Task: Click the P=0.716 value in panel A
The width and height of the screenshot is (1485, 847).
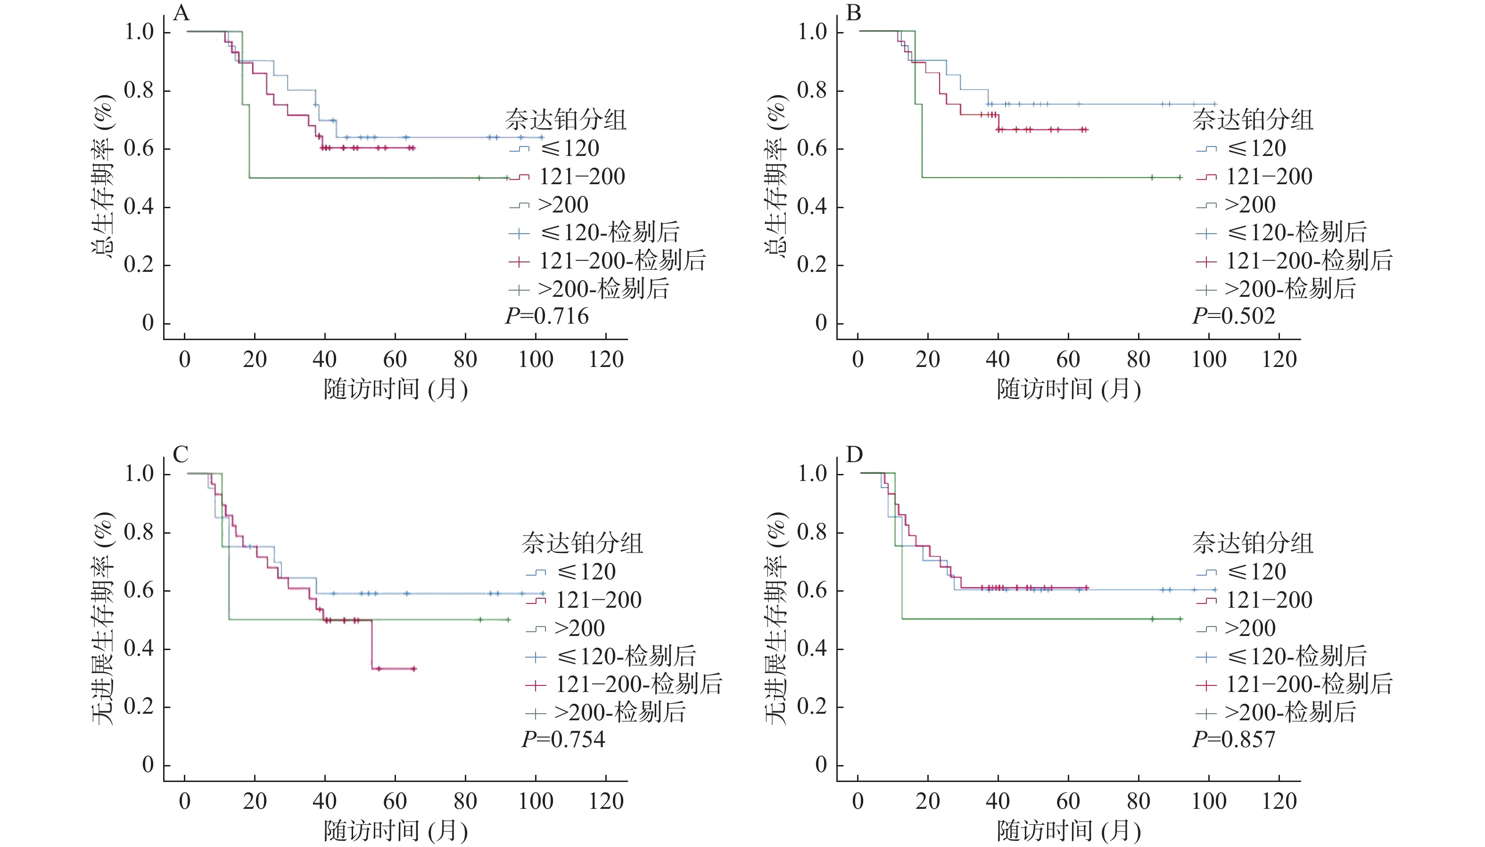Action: coord(546,317)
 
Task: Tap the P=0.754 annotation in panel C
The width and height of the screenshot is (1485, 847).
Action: coord(563,740)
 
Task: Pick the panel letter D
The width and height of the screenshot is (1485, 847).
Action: coord(853,454)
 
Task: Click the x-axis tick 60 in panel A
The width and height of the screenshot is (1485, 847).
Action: coord(395,359)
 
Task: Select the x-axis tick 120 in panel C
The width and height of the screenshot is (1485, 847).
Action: coord(606,802)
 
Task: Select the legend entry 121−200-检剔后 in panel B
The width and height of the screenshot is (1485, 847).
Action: coord(1309,261)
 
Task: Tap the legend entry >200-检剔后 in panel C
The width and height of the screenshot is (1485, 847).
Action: coord(619,713)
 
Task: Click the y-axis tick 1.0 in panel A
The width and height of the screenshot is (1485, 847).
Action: coord(139,32)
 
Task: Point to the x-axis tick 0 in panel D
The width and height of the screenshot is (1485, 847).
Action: coord(858,802)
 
